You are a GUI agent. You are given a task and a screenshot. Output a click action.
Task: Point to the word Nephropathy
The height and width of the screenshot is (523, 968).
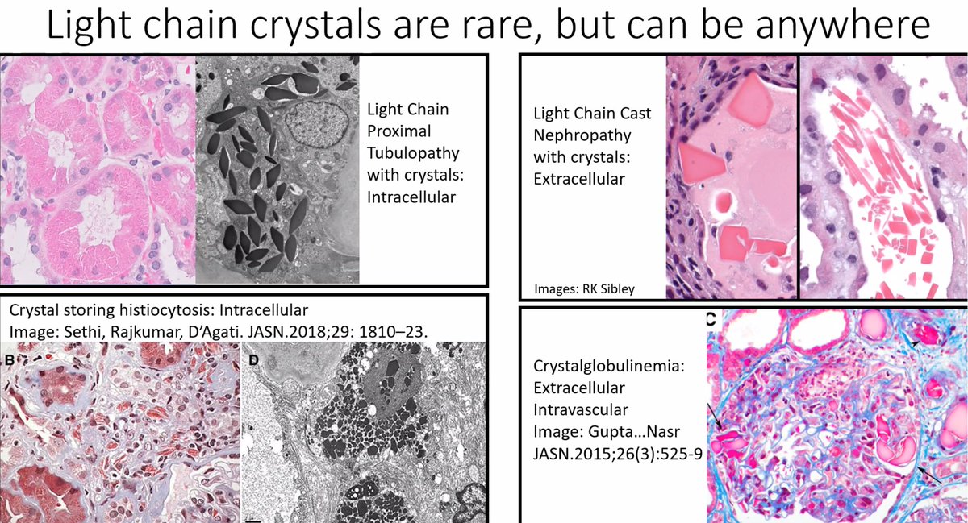coord(576,135)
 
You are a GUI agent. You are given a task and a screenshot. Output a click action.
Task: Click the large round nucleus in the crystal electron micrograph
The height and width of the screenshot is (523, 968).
coord(321,127)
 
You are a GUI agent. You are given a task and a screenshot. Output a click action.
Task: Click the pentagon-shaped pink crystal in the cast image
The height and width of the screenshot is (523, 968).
coord(757,96)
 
